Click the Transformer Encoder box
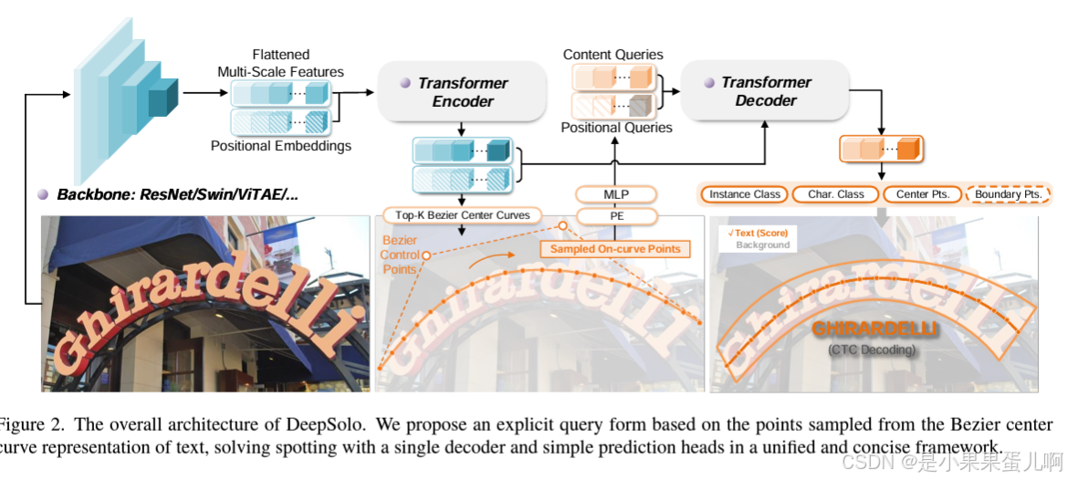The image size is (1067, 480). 462,92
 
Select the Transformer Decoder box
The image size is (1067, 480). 765,92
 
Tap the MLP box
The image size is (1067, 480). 616,194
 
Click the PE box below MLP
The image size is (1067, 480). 616,216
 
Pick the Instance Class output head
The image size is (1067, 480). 745,194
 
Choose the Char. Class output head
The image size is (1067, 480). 835,194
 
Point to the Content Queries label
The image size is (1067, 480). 613,55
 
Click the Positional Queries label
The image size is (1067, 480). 616,128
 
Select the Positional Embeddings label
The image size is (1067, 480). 281,146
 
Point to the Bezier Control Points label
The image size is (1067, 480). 400,255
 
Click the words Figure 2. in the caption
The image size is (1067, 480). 32,425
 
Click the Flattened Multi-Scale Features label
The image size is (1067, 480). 281,63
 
